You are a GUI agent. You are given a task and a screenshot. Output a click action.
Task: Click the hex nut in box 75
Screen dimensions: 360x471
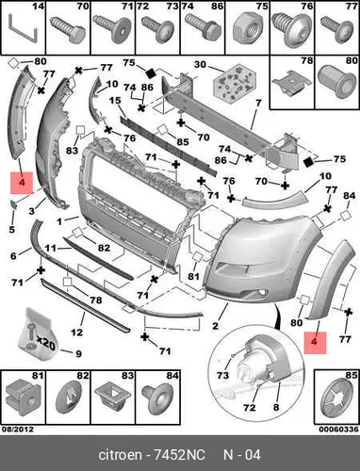tap(247, 32)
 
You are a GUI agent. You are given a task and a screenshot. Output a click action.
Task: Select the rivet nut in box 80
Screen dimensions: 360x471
tap(336, 82)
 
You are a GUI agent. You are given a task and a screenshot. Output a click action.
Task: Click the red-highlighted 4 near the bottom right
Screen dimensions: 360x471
tap(315, 343)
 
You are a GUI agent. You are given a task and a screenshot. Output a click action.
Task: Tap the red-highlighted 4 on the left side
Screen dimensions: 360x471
tap(22, 183)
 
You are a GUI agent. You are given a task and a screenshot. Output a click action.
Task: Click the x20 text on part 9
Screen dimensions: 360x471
tap(45, 342)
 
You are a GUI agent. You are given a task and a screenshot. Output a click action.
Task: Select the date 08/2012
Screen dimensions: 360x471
tap(18, 429)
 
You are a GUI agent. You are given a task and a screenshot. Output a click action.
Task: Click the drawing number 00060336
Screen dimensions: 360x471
tap(338, 429)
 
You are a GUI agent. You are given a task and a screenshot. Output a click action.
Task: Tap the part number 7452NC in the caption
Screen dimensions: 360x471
tap(179, 455)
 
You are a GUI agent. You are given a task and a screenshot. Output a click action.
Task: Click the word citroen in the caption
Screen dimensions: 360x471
tap(120, 455)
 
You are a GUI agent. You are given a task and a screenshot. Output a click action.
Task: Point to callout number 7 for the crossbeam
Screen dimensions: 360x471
tap(258, 103)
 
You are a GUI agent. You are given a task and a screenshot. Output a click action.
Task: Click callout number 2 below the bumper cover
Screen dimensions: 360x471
tap(215, 326)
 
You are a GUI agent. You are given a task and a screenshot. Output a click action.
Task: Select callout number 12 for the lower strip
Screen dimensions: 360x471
tap(76, 332)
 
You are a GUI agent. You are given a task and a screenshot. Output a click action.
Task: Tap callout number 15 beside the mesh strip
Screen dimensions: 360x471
tap(115, 101)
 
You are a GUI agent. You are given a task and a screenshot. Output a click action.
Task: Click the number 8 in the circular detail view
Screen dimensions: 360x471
tap(276, 407)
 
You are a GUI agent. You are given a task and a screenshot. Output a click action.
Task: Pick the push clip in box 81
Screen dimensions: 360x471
tap(23, 398)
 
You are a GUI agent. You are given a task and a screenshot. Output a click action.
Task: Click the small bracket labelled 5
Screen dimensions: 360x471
tap(14, 204)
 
